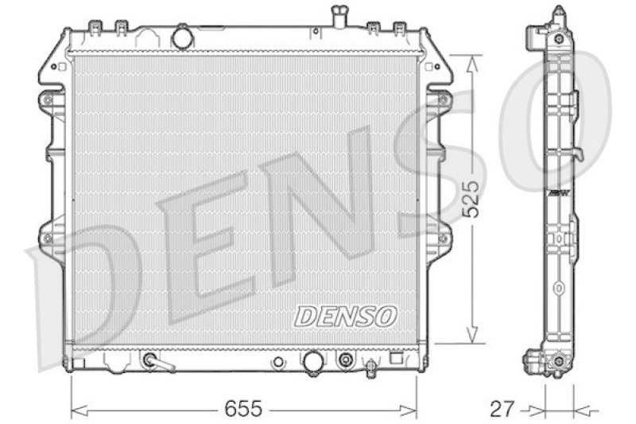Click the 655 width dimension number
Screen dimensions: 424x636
click(242, 410)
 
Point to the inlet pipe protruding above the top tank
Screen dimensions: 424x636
click(339, 15)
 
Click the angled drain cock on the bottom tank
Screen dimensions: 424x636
click(157, 362)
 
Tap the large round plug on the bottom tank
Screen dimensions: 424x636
click(312, 361)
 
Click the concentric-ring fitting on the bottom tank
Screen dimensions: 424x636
click(345, 360)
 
